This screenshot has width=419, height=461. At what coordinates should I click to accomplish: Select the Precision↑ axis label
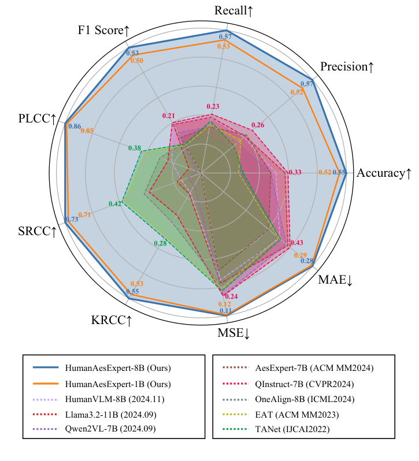coord(347,67)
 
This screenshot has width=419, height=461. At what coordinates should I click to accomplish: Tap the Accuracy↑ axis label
coord(384,173)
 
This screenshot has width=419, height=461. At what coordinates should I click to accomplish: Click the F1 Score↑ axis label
coord(104,30)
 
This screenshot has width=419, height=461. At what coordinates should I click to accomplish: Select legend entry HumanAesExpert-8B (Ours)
coord(118,367)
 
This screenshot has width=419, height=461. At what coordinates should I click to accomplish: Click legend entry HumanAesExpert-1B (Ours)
coord(118,384)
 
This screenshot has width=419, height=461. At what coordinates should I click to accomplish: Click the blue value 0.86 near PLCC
coord(75,126)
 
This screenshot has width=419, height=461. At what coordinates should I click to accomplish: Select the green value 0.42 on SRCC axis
coord(114,203)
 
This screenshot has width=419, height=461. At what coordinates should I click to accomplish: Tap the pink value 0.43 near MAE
coord(296,243)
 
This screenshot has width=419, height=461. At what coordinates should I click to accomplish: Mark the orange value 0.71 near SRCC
coord(84,215)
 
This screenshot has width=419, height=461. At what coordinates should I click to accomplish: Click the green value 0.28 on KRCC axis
coord(160,243)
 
